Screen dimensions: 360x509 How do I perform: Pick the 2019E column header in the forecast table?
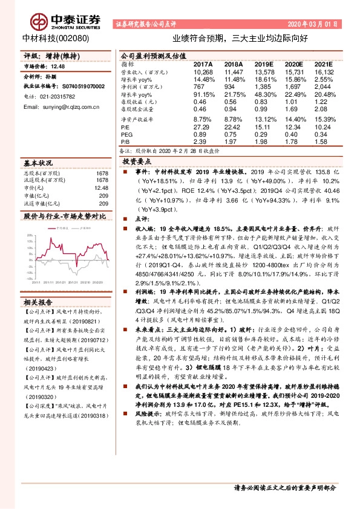(264, 63)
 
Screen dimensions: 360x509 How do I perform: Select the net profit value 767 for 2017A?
(201, 87)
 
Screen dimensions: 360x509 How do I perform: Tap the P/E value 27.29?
(201, 128)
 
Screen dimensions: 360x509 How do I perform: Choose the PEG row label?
(126, 134)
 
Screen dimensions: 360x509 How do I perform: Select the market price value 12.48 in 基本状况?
(102, 188)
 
